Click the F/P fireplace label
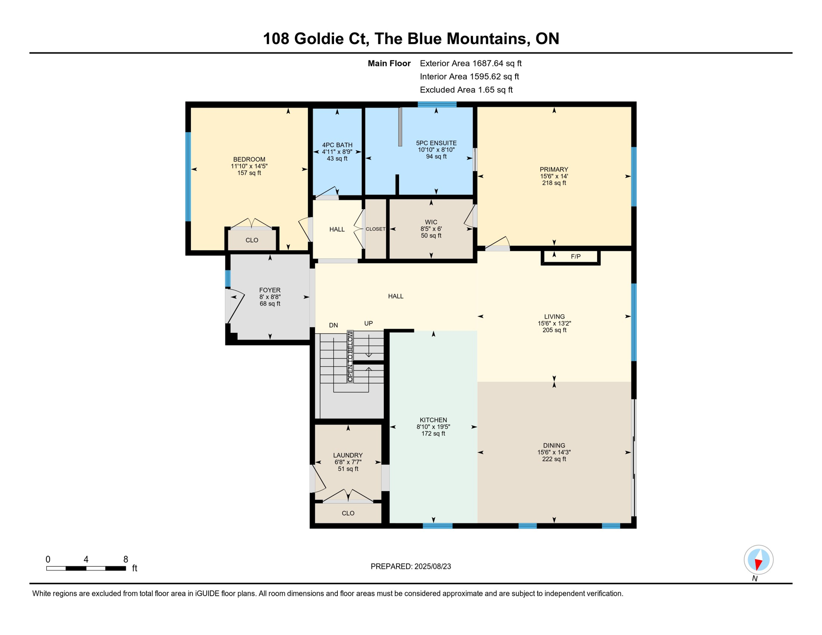tap(576, 256)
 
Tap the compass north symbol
tap(758, 560)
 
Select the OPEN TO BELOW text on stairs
tap(350, 356)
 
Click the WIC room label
tap(431, 222)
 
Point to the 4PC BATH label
tap(337, 145)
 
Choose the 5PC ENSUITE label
tap(436, 143)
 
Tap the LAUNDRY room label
tap(348, 455)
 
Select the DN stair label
tap(333, 325)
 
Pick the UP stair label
tap(368, 323)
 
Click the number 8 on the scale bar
tap(126, 559)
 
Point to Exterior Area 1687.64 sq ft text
tap(471, 63)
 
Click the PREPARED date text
tap(411, 566)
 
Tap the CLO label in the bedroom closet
tap(252, 240)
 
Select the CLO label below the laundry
tap(348, 513)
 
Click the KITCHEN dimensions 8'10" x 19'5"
tap(433, 427)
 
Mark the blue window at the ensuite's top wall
tap(437, 104)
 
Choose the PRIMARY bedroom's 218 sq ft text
tap(554, 183)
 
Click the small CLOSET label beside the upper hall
tap(375, 229)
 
